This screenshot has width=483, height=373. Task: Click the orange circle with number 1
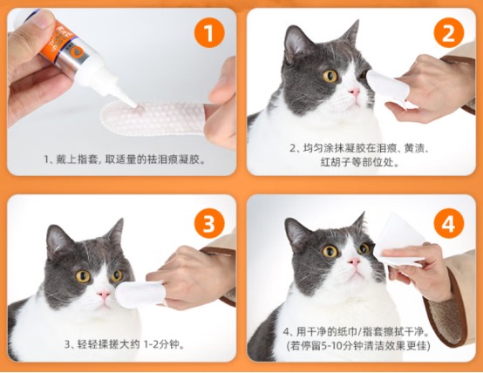point(207,35)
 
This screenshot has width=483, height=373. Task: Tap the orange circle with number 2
point(448,35)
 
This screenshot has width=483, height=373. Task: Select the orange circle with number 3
point(207,224)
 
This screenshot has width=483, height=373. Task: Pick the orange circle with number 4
point(448,224)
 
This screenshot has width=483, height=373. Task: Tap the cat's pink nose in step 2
point(356,92)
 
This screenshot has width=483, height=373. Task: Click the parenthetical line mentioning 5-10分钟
point(363,346)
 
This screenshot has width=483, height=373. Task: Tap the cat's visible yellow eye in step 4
point(330,252)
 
